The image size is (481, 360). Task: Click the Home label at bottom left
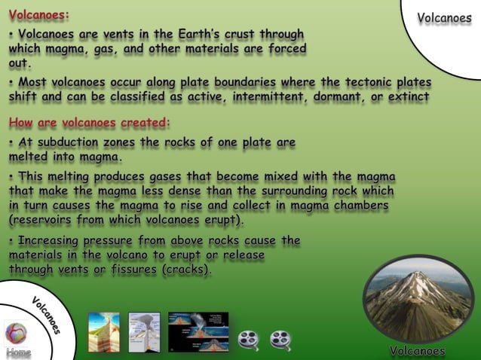pyautogui.click(x=18, y=352)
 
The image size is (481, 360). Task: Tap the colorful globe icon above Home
pyautogui.click(x=16, y=332)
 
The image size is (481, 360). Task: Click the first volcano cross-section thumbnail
pyautogui.click(x=103, y=332)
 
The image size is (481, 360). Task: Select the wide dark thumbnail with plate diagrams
pyautogui.click(x=198, y=332)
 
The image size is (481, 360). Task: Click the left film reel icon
pyautogui.click(x=248, y=340)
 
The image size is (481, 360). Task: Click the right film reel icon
pyautogui.click(x=280, y=340)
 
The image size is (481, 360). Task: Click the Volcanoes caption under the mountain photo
pyautogui.click(x=418, y=351)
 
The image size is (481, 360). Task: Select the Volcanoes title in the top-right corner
pyautogui.click(x=444, y=18)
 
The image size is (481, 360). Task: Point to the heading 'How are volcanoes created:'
pyautogui.click(x=90, y=122)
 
